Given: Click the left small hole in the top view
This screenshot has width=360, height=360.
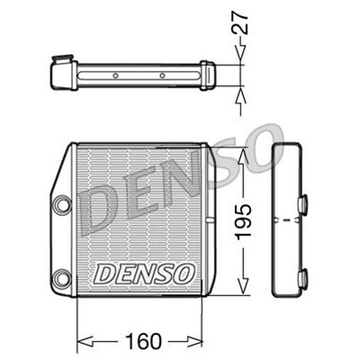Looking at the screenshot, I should pyautogui.click(x=115, y=76).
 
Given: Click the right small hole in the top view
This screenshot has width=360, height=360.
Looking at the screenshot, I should pyautogui.click(x=162, y=76).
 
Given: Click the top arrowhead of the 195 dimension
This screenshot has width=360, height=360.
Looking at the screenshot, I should pyautogui.click(x=240, y=149).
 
